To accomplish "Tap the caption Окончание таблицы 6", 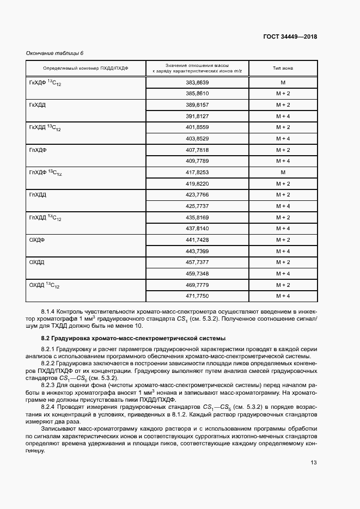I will pos(55,53).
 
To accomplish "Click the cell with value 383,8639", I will pos(198,82).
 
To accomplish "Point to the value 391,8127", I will pos(198,116).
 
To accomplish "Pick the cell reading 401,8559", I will pos(198,127).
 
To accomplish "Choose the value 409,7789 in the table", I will pos(198,161).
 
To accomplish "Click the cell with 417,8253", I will pos(198,172).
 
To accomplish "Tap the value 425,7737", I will pos(198,206).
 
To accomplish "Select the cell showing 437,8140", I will pos(198,228).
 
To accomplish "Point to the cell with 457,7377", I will pos(198,262).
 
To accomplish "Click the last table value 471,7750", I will pos(198,296).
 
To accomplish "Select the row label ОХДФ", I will pos(36,240).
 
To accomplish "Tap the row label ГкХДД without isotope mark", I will pos(36,105).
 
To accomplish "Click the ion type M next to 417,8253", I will pos(283,172).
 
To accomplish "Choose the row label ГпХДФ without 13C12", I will pos(37,149).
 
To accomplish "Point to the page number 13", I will pos(314,462).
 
